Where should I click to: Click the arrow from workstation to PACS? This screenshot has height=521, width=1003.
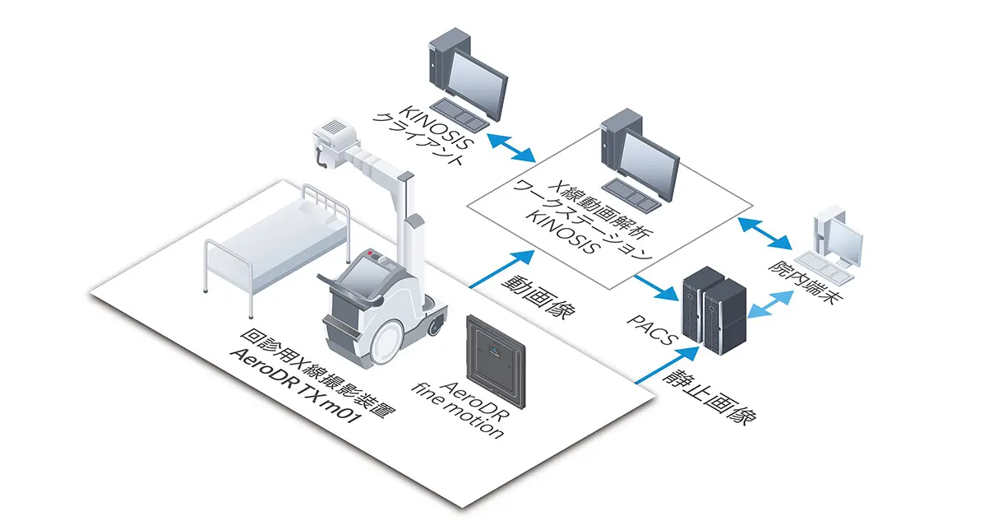pyautogui.click(x=657, y=283)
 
